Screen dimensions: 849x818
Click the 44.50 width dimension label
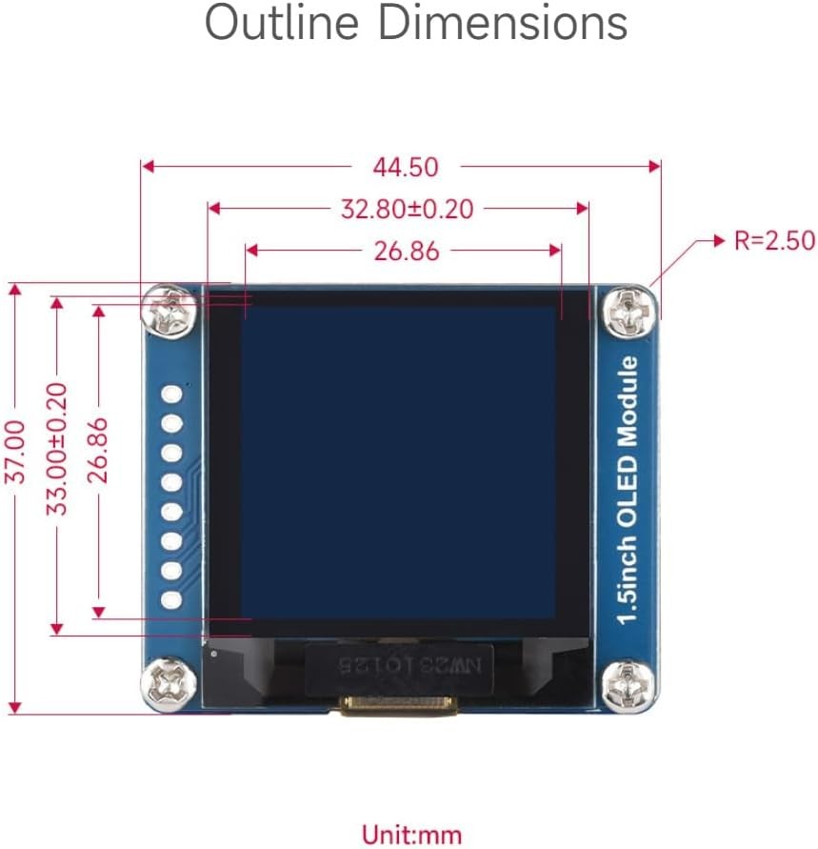coord(406,167)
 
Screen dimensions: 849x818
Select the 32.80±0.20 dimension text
coord(407,209)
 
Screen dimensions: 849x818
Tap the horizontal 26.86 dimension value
coord(407,252)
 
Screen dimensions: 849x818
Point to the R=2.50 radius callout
coord(773,241)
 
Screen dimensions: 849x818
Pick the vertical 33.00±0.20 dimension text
coord(58,449)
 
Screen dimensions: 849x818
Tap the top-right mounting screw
coord(628,311)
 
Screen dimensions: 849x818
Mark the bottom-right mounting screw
coord(628,685)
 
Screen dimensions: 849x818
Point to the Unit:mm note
coord(411,836)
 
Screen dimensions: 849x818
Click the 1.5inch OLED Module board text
coord(628,490)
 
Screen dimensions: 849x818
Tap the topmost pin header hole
coord(172,394)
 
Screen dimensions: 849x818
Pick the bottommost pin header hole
coord(172,600)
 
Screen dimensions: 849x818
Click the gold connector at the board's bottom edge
coord(398,706)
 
